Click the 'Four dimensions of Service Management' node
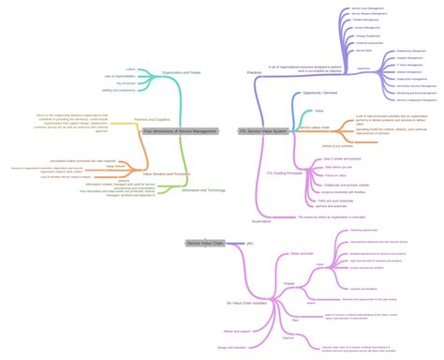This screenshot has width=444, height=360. pyautogui.click(x=180, y=131)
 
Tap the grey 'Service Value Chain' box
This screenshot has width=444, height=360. pyautogui.click(x=205, y=243)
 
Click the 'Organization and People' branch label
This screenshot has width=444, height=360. pyautogui.click(x=182, y=72)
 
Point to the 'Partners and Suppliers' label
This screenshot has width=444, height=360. pyautogui.click(x=153, y=118)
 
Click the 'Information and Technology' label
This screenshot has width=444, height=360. pyautogui.click(x=202, y=188)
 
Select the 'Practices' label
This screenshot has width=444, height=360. pyautogui.click(x=253, y=72)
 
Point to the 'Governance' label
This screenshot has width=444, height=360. pyautogui.click(x=260, y=221)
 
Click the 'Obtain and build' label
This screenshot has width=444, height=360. pyautogui.click(x=302, y=254)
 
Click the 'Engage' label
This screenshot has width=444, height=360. pyautogui.click(x=288, y=282)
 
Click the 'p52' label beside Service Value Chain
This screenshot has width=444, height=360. pyautogui.click(x=249, y=243)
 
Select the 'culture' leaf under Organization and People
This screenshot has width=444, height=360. pyautogui.click(x=131, y=68)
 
